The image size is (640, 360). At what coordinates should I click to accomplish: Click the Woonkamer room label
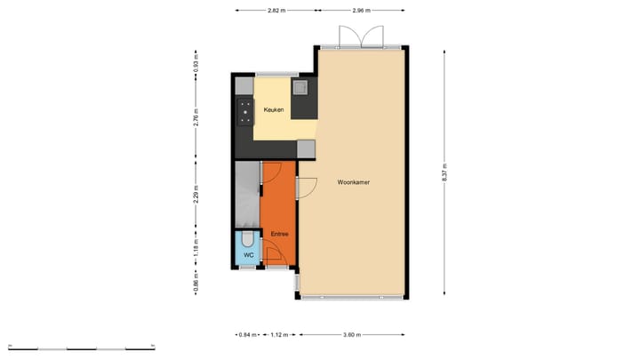coord(354,182)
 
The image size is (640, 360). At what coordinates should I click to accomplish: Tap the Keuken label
coord(273,109)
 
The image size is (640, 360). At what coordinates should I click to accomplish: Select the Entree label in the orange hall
coord(279,235)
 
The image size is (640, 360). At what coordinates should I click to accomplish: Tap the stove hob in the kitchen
coord(244,111)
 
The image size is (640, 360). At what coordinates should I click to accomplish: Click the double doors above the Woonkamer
coord(358,37)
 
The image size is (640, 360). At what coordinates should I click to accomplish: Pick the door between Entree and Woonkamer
coord(307,188)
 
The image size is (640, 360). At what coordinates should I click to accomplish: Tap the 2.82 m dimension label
coord(276,11)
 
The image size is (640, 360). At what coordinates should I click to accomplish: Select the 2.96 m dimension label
coord(360,11)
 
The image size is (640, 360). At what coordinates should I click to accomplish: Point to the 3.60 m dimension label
coord(352,334)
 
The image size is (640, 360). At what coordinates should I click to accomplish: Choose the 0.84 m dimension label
coord(247,334)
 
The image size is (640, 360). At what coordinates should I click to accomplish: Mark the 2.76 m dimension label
coord(197,118)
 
